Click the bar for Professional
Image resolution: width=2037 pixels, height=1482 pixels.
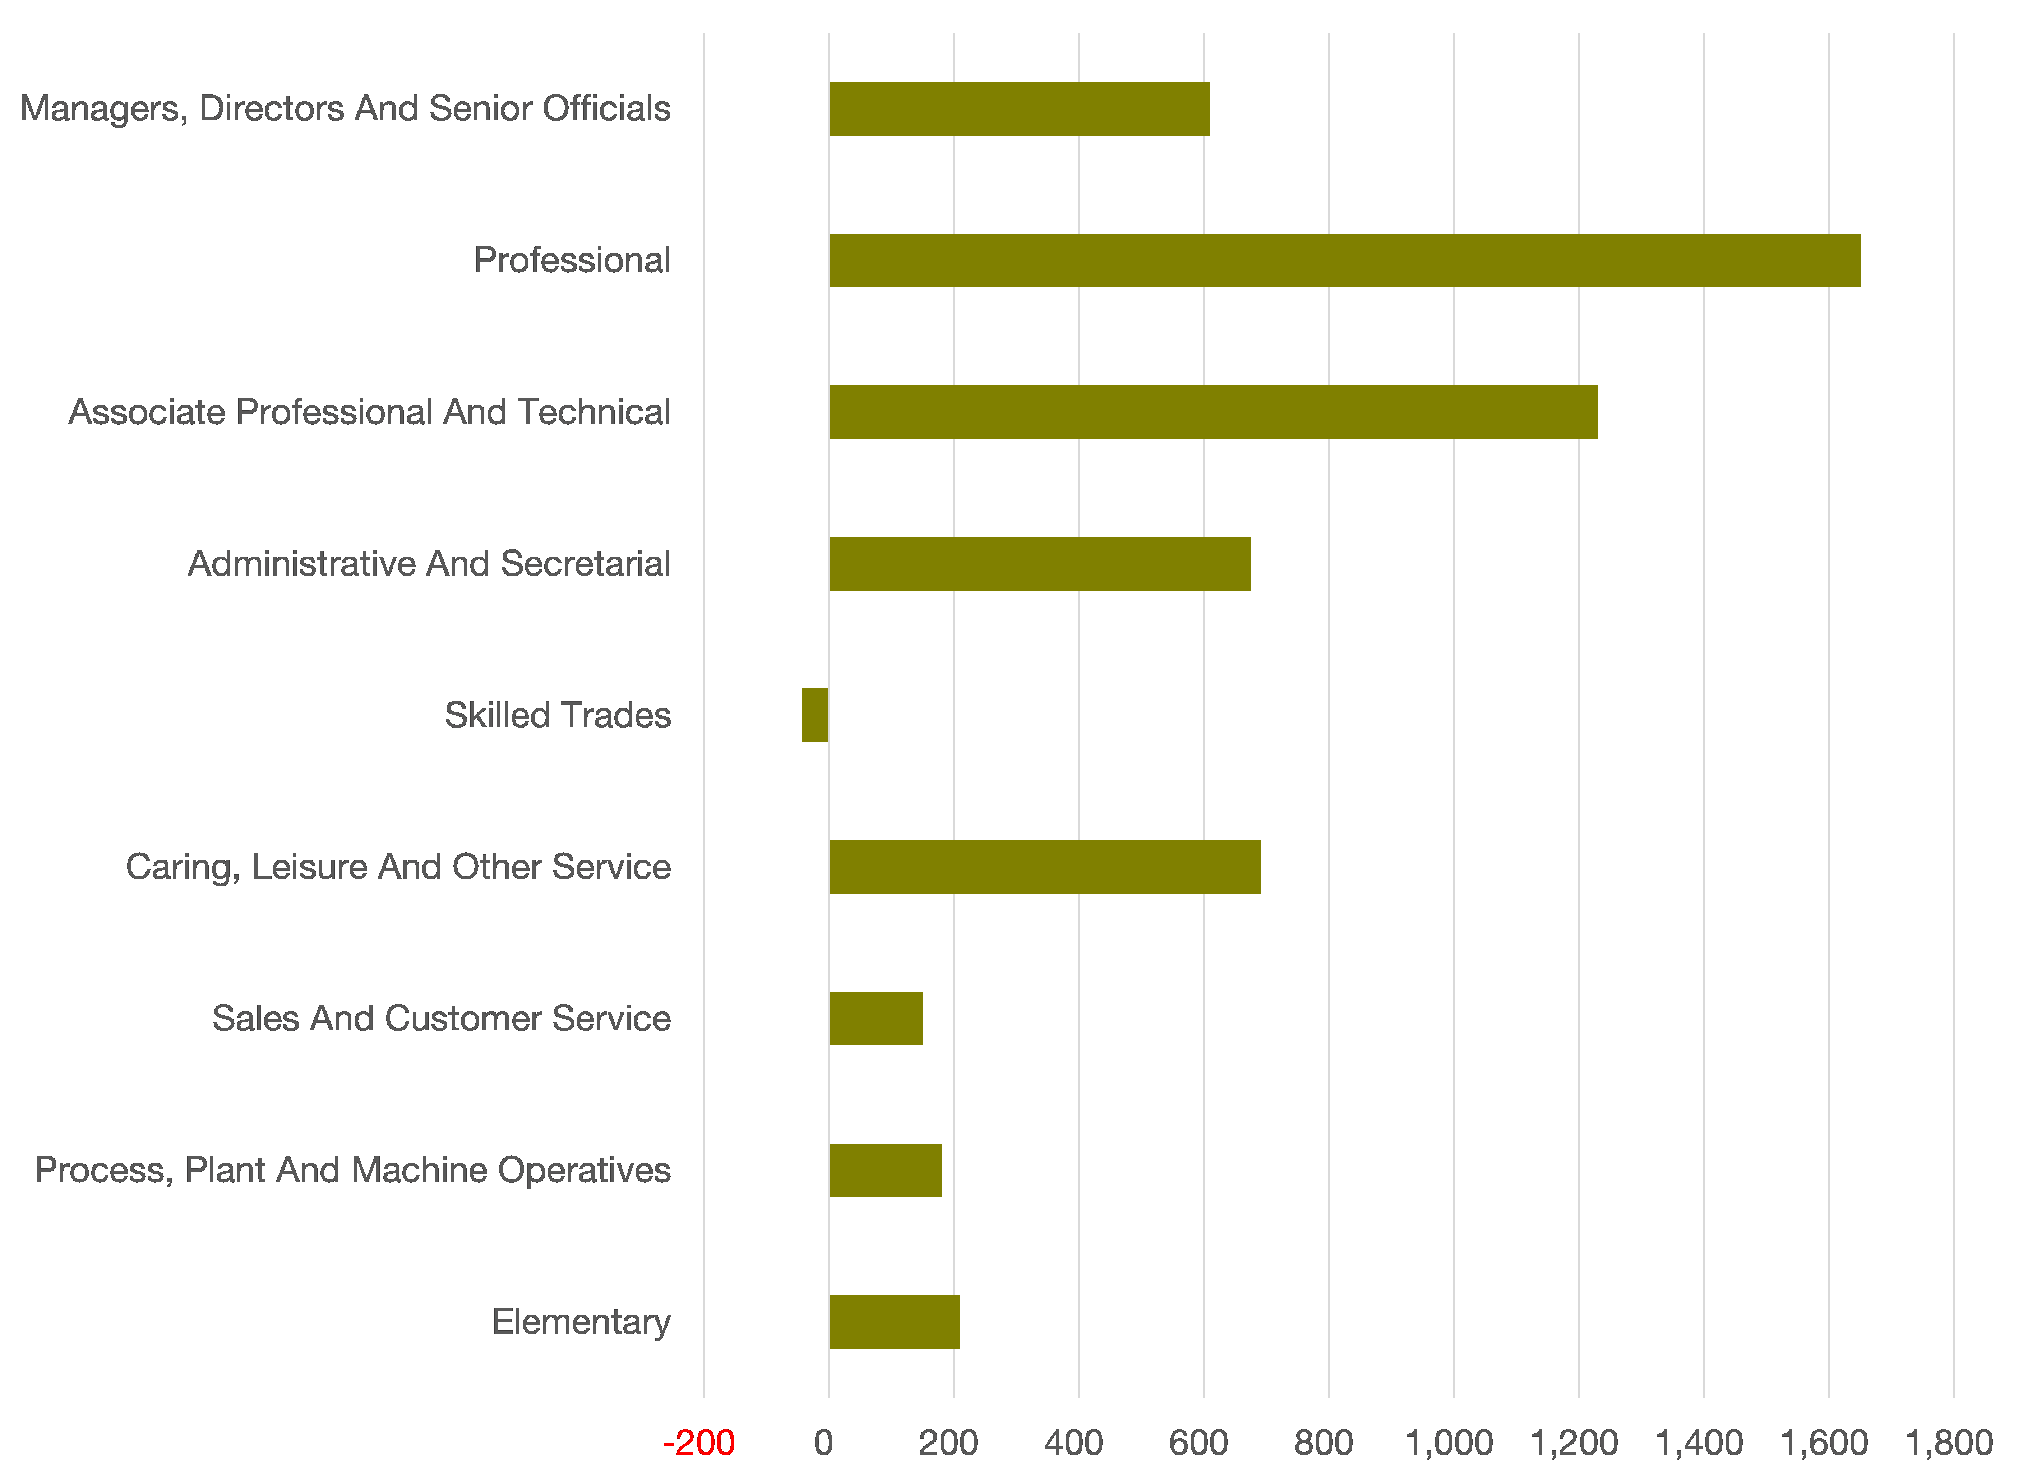pos(1344,260)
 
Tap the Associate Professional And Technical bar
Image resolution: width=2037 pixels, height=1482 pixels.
pos(1214,412)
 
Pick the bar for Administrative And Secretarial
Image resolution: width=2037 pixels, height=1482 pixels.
pos(1039,564)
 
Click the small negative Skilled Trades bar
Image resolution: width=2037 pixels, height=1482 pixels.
pos(815,716)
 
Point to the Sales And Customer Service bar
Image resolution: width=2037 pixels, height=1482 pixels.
pos(876,1019)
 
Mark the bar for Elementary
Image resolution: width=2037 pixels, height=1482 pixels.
pos(894,1322)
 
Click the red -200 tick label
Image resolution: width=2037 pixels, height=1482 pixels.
pos(699,1444)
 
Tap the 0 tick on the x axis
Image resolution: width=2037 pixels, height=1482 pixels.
pos(823,1444)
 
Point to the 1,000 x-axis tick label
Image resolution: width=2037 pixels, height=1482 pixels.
pos(1449,1444)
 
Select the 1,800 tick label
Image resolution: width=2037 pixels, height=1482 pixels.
pos(1949,1444)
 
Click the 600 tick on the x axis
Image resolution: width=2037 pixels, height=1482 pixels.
pos(1199,1444)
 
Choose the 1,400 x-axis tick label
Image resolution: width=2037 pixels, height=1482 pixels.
pos(1699,1444)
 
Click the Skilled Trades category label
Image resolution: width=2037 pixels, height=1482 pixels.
pos(558,716)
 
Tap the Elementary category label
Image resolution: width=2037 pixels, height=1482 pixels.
pos(581,1322)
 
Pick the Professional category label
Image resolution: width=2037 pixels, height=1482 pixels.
pos(572,260)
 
